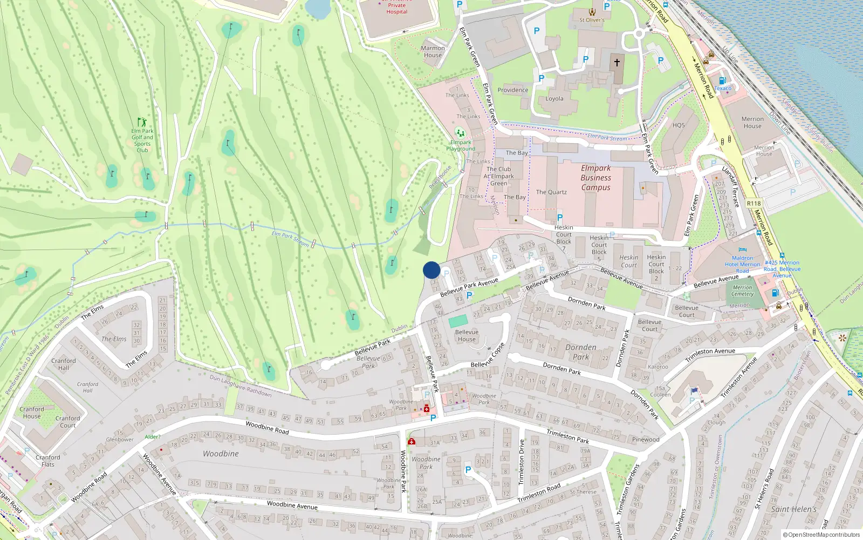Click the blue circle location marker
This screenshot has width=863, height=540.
pos(432,270)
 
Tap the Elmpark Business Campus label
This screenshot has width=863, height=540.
pos(596,178)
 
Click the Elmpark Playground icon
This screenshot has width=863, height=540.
pos(460,132)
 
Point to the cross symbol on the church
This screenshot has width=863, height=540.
pos(617,62)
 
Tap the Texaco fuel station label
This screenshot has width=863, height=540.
pos(723,88)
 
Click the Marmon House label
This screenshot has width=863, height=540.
pos(433,51)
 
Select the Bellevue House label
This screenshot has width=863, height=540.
pos(467,335)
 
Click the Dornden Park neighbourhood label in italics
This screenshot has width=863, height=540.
pos(581,352)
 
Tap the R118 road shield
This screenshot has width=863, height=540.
pos(754,204)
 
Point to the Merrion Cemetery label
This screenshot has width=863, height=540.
pos(743,291)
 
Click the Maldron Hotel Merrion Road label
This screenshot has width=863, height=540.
pos(743,265)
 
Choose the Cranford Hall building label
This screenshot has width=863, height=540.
pos(64,364)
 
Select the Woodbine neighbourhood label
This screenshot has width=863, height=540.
pos(221,454)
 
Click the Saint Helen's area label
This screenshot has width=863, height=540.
pos(794,509)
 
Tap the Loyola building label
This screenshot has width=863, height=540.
pos(554,99)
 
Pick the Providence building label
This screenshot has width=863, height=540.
pos(513,90)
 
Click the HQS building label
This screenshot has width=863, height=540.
pos(679,125)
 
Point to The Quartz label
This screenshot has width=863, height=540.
pos(551,192)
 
